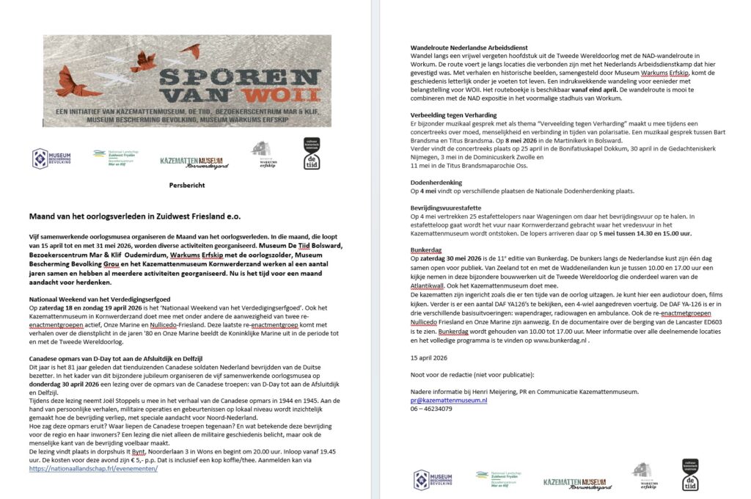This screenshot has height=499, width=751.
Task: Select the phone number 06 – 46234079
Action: [431, 409]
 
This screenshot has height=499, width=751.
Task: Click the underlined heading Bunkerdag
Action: [426, 249]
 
